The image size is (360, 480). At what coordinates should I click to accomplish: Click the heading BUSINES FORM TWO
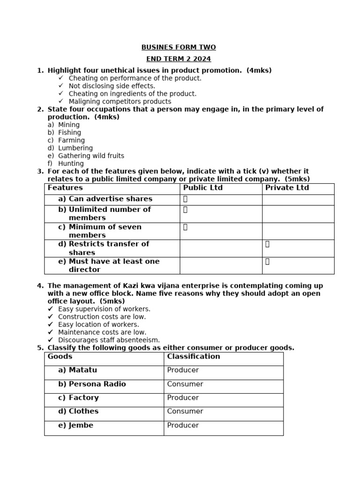(179, 47)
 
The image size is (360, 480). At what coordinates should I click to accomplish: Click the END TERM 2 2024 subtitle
(179, 59)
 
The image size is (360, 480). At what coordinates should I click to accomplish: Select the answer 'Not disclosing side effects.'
(112, 86)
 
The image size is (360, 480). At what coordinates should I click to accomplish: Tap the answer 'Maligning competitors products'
(120, 101)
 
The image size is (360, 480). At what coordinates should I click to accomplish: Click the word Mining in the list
(69, 125)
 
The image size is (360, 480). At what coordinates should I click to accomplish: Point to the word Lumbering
(75, 148)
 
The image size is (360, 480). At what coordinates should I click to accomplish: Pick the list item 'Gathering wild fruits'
(91, 156)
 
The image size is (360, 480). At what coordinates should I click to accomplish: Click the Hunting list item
(71, 164)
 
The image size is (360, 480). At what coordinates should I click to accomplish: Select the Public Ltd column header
(202, 188)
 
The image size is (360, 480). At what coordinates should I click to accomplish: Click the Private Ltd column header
(287, 188)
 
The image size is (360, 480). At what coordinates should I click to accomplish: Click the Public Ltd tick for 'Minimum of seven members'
(185, 227)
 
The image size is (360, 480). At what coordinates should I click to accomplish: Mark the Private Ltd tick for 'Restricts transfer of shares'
(267, 244)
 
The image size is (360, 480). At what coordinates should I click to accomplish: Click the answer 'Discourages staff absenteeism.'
(109, 340)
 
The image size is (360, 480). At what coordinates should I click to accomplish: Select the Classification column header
(193, 356)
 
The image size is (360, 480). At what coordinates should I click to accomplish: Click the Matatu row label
(82, 370)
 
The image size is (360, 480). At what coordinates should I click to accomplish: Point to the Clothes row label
(83, 411)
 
